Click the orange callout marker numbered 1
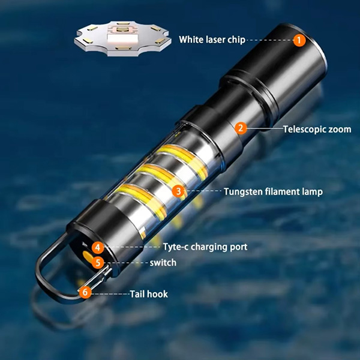point(299,40)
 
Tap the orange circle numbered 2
point(241,128)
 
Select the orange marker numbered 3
point(178,191)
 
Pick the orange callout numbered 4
point(98,247)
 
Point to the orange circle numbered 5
point(98,263)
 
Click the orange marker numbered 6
point(85,292)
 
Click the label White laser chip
point(212,40)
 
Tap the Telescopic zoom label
point(317,129)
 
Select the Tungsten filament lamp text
point(273,192)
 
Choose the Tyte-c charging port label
point(205,247)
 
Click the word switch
point(163,263)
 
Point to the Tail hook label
point(149,294)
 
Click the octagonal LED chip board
point(122,38)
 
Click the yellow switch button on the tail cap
point(88,257)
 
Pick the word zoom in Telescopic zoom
point(340,130)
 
